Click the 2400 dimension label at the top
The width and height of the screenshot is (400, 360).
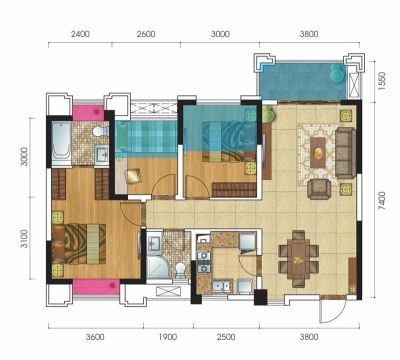80,34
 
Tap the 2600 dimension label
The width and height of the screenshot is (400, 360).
146,34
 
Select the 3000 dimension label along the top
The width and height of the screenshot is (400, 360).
220,34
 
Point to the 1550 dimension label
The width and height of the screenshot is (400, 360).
382,81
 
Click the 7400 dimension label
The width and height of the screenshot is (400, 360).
382,200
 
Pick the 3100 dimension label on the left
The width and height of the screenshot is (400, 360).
23,239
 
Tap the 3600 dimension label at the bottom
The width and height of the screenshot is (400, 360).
95,337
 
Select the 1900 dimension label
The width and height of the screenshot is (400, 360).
167,337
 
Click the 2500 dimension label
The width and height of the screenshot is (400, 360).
226,337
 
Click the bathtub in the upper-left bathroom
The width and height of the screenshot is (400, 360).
62,144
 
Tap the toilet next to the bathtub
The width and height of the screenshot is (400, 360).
100,131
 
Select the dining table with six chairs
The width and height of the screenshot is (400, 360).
299,259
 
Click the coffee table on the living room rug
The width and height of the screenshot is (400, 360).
318,152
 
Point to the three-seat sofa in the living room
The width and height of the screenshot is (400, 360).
345,153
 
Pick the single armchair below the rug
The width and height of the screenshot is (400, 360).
319,189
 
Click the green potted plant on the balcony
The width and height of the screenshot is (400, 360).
337,74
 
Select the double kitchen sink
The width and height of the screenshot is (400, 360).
221,286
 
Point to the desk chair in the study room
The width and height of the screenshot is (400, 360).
134,176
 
